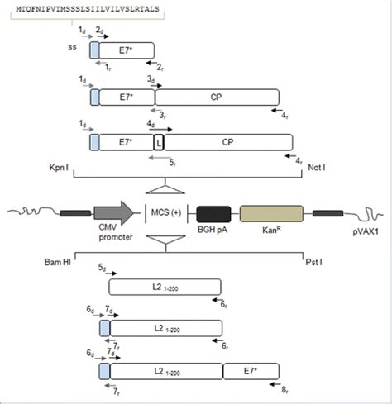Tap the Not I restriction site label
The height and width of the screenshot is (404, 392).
click(320, 167)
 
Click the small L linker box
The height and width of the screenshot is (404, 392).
click(159, 143)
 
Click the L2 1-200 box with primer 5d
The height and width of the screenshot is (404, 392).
click(167, 286)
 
